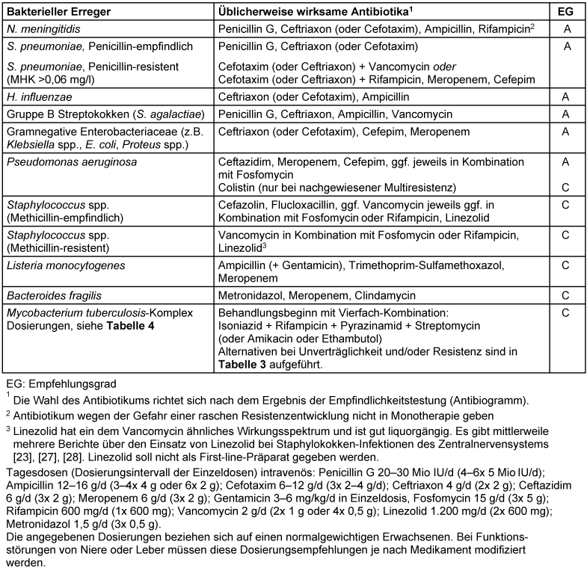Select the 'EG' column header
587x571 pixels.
tap(567, 12)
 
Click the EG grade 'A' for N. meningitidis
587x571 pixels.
tap(567, 29)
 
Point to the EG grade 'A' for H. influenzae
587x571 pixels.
tap(567, 96)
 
